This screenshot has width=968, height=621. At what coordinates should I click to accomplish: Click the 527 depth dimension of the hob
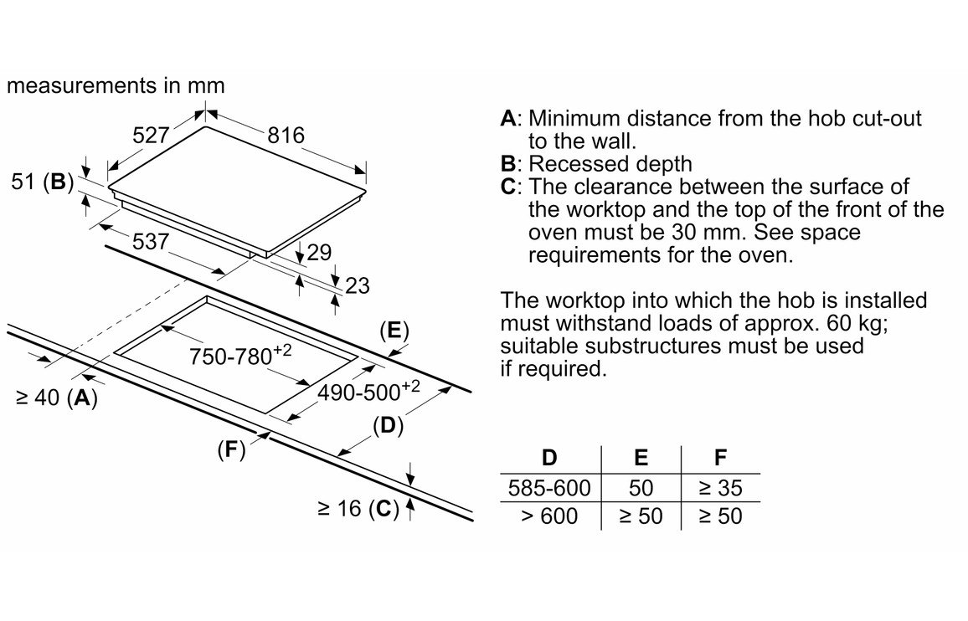pyautogui.click(x=151, y=135)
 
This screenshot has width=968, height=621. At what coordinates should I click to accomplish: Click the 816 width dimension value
pyautogui.click(x=286, y=136)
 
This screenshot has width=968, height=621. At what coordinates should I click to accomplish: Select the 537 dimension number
pyautogui.click(x=151, y=242)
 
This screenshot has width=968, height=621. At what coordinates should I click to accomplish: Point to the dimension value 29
pyautogui.click(x=319, y=252)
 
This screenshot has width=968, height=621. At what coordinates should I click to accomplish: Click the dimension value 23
pyautogui.click(x=357, y=286)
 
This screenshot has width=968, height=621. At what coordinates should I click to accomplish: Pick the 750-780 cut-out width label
pyautogui.click(x=239, y=357)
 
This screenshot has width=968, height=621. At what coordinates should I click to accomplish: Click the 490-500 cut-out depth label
pyautogui.click(x=368, y=392)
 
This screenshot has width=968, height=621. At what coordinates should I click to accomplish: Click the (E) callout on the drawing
pyautogui.click(x=393, y=330)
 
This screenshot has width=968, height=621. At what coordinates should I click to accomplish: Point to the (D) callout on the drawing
pyautogui.click(x=389, y=426)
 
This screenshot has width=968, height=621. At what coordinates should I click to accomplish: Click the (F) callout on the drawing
pyautogui.click(x=232, y=450)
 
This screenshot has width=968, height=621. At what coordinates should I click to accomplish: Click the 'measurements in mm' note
pyautogui.click(x=116, y=85)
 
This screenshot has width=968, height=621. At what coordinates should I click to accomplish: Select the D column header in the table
pyautogui.click(x=549, y=458)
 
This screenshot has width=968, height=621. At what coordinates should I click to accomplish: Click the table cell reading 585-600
pyautogui.click(x=549, y=487)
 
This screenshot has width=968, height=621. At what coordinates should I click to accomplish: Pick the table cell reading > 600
pyautogui.click(x=549, y=516)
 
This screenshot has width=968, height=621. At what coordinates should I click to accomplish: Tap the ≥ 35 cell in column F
pyautogui.click(x=720, y=487)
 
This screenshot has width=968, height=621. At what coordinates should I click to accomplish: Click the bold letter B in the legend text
pyautogui.click(x=507, y=164)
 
